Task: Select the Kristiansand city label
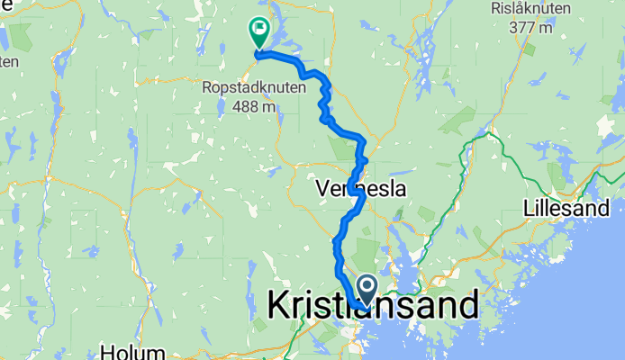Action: (373, 306)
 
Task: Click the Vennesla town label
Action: (361, 190)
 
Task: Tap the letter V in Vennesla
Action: (323, 190)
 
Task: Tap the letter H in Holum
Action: (109, 351)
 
